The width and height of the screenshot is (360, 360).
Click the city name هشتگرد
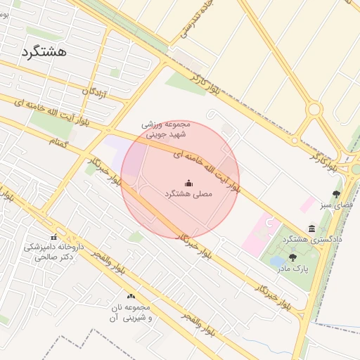[44, 52]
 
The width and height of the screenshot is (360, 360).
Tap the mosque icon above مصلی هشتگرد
[188, 184]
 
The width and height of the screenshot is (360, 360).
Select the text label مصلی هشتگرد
[188, 193]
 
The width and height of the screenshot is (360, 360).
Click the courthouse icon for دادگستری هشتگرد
[311, 228]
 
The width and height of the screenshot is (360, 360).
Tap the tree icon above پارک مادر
[292, 257]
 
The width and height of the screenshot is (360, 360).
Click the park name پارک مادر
[292, 269]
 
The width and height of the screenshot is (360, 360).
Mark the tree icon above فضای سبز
[336, 194]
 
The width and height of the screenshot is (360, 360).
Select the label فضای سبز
[335, 205]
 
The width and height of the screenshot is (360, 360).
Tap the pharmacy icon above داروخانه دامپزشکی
[53, 236]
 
